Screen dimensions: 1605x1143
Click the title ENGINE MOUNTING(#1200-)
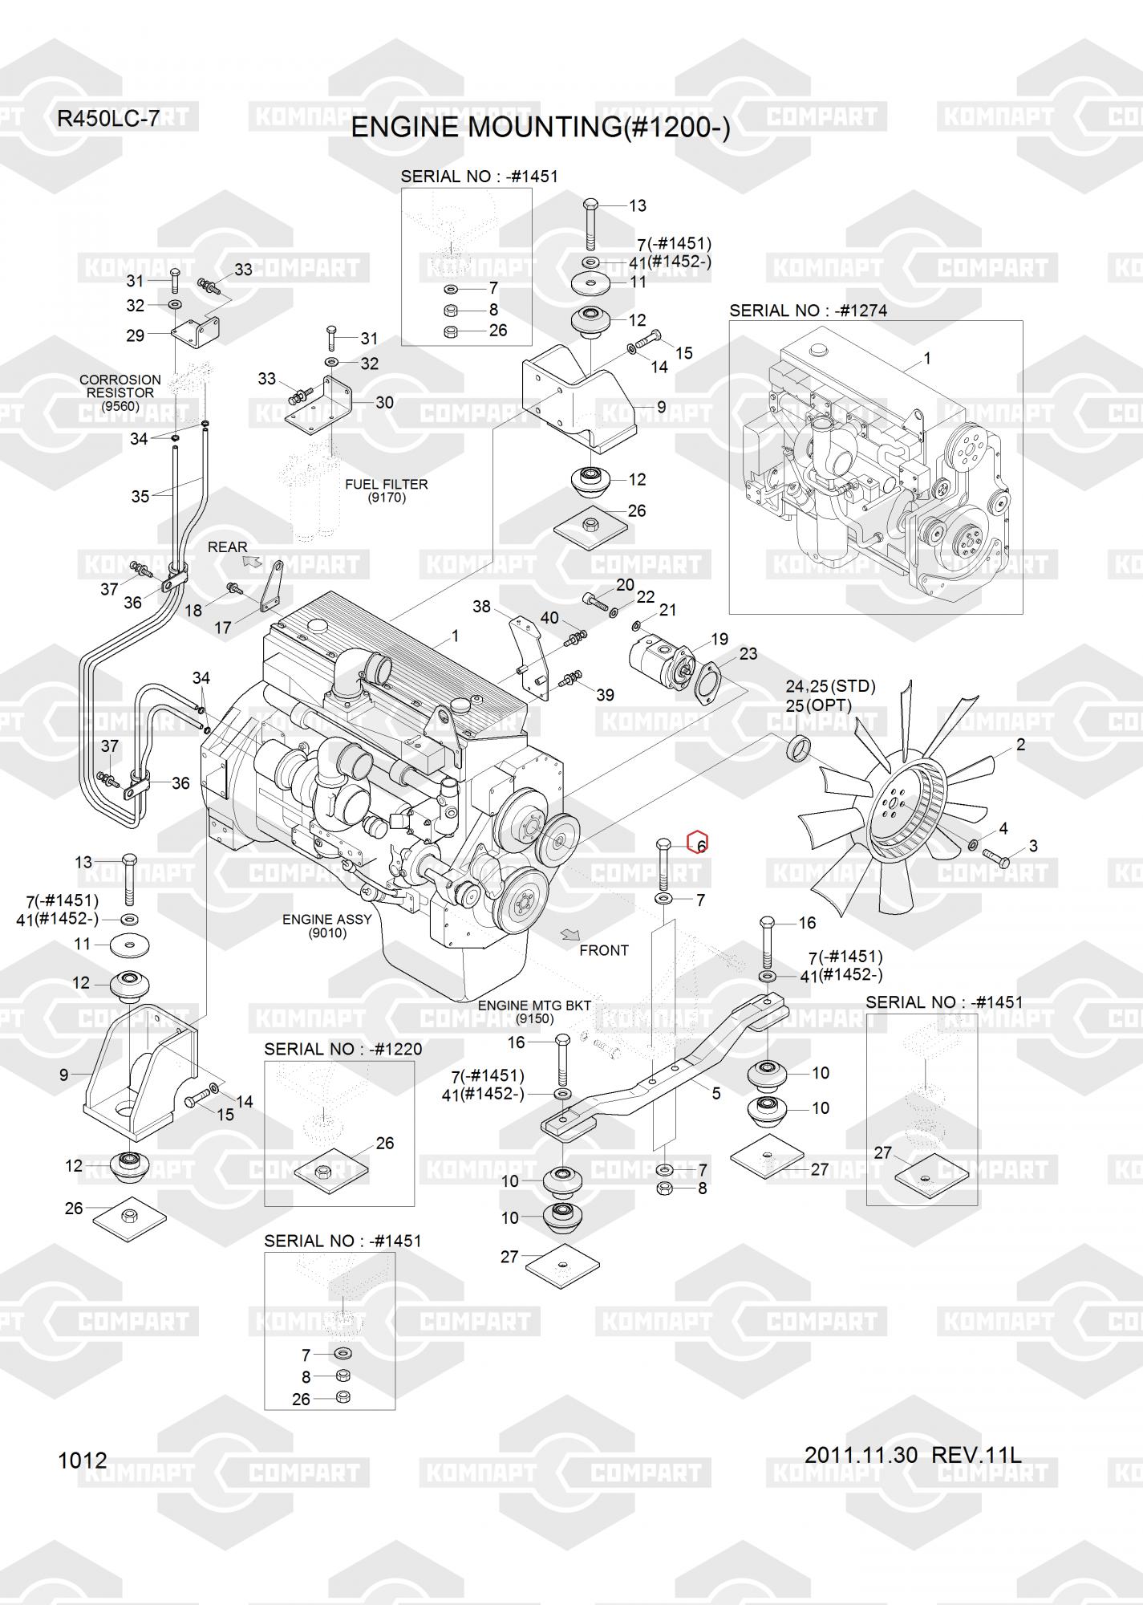coord(541,128)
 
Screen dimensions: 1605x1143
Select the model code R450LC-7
coord(108,120)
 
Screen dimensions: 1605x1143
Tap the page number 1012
coord(82,1460)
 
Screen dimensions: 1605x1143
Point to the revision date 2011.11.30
coord(861,1454)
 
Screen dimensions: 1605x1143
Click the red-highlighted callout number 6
coord(699,844)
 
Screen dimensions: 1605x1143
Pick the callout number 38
coord(481,607)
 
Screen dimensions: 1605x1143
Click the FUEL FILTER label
coord(386,484)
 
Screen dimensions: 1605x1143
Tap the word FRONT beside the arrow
coord(603,950)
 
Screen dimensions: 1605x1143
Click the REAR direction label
coord(228,547)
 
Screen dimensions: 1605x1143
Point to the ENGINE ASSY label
coord(326,920)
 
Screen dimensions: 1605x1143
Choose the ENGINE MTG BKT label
coord(534,1006)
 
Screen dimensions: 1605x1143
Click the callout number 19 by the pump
coord(719,639)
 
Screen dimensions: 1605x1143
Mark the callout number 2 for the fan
coord(1020,745)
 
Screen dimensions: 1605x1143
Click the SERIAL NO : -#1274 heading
coord(808,311)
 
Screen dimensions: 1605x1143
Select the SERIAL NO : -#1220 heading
coord(342,1049)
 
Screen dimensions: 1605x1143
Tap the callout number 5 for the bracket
coord(716,1093)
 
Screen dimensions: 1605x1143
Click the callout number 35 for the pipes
coord(140,497)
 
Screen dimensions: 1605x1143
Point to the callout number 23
coord(748,654)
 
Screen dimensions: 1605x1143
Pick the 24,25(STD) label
coord(830,687)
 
